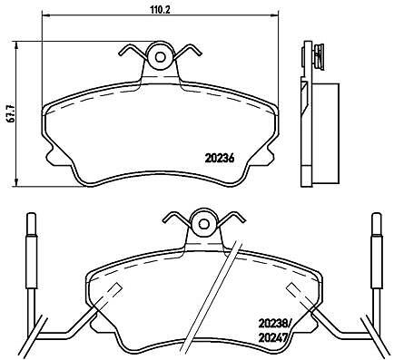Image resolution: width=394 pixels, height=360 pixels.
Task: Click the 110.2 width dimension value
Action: (161, 10)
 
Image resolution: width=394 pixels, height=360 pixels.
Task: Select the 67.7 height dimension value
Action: (12, 113)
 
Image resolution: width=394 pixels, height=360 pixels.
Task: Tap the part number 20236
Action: (220, 158)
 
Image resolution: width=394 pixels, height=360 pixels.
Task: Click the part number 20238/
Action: (274, 324)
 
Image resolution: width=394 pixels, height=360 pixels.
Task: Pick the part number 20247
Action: (272, 337)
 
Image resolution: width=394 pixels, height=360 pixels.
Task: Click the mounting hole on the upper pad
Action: (160, 57)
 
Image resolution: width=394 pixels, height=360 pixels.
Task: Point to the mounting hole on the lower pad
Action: (203, 224)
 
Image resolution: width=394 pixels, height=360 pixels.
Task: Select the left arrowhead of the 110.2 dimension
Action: (45, 15)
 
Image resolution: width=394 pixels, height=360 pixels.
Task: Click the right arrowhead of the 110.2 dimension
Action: (274, 15)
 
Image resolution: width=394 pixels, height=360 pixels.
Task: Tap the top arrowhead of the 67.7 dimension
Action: (16, 45)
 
